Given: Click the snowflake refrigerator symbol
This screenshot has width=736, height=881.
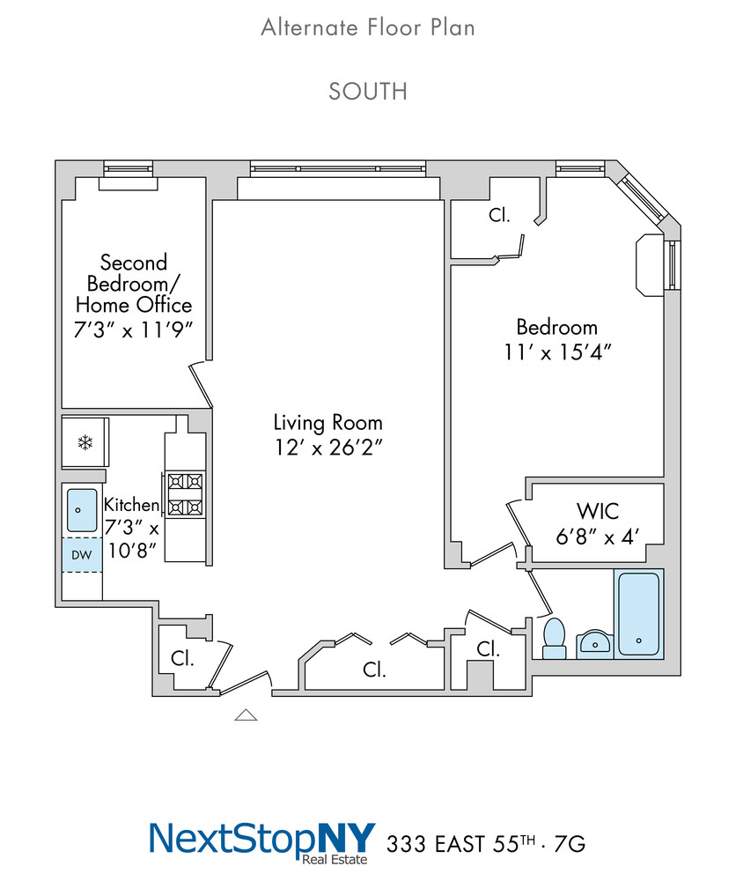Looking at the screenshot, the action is [x=85, y=443].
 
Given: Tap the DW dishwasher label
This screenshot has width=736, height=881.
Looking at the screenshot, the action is [x=81, y=555].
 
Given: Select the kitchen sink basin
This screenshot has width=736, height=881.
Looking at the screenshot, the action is [x=82, y=510].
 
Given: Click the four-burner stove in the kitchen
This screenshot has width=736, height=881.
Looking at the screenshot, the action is [x=185, y=494].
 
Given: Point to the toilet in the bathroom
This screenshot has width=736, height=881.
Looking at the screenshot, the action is [x=555, y=639].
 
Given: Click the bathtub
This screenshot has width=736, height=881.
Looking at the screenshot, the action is [x=639, y=613].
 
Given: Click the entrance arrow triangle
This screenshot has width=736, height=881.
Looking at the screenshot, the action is [x=246, y=714].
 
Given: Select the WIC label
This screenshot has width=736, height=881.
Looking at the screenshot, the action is [x=598, y=511].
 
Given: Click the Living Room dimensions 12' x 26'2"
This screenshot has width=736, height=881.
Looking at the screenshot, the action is [x=328, y=448].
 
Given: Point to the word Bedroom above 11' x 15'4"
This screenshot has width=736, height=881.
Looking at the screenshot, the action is [x=557, y=327].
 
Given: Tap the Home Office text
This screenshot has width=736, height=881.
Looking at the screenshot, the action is [x=134, y=305].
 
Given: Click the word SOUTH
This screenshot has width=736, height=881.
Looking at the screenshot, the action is [x=368, y=92].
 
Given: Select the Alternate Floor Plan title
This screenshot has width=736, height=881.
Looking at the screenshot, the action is [x=368, y=27].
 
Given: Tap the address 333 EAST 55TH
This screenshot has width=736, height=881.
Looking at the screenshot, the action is [x=461, y=844].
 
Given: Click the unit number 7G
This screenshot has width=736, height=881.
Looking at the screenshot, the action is [x=570, y=844].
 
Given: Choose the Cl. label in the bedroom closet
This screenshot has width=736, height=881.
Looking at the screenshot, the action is [x=500, y=215].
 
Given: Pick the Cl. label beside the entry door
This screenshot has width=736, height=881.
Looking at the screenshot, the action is [x=182, y=658].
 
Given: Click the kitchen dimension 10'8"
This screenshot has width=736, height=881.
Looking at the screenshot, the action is [x=131, y=551].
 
